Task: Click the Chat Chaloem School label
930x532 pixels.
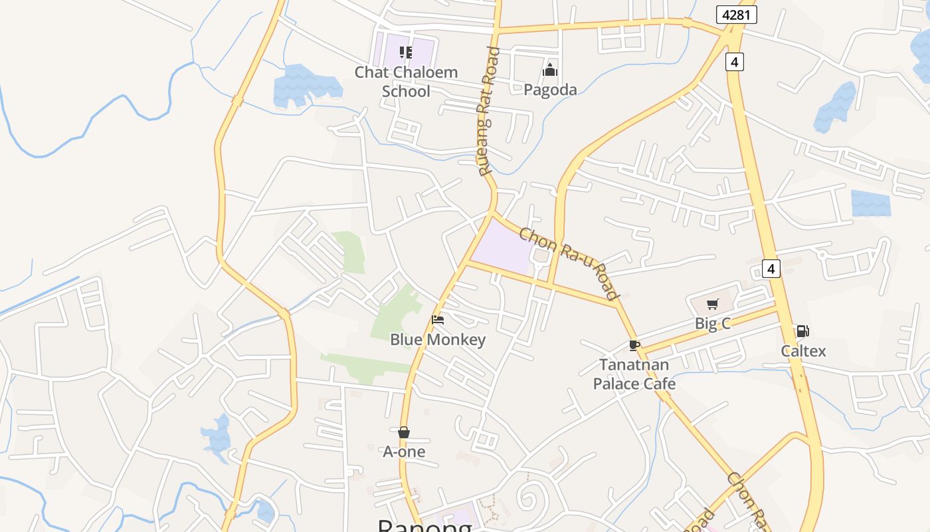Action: tap(406, 81)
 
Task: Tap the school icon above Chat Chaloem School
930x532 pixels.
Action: tap(406, 53)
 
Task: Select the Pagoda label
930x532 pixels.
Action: tap(550, 89)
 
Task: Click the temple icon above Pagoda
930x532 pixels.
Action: tap(550, 70)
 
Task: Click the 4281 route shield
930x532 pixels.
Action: tap(737, 15)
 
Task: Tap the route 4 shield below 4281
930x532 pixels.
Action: tap(734, 62)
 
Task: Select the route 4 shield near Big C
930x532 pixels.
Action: tap(771, 269)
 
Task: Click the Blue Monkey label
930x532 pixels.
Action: tap(438, 340)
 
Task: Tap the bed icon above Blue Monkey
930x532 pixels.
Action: tap(438, 320)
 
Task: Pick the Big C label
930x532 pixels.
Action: tap(713, 324)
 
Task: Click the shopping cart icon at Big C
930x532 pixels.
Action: tap(713, 305)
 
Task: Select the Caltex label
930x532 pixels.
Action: tap(803, 350)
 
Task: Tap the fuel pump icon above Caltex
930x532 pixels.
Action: tap(802, 331)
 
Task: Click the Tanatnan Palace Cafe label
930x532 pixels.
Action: tap(634, 374)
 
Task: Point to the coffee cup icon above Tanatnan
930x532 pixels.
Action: tap(634, 345)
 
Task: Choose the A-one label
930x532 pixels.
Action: tap(404, 452)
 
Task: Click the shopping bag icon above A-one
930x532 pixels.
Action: tap(404, 433)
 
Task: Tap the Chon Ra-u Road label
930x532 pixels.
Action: tap(569, 263)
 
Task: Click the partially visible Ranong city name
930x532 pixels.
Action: tap(425, 525)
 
